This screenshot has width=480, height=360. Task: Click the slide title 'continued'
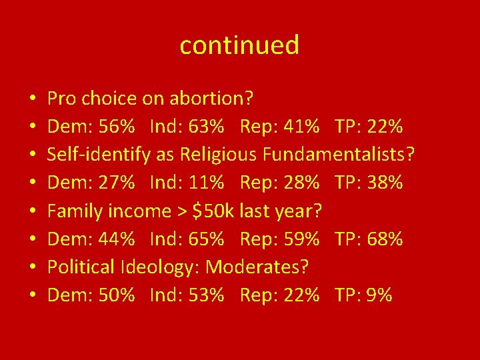tap(239, 45)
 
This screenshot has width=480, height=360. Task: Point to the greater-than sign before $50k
tap(182, 212)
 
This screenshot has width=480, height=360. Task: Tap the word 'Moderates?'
tap(257, 267)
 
